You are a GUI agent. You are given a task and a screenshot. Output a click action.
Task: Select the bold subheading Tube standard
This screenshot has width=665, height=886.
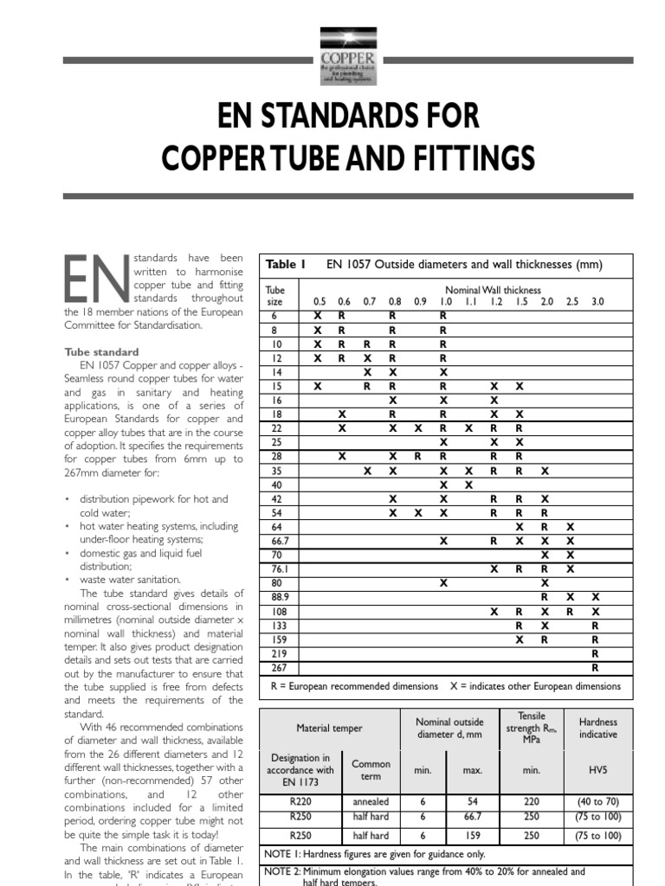click(101, 352)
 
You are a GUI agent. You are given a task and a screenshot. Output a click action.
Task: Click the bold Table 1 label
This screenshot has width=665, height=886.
click(286, 265)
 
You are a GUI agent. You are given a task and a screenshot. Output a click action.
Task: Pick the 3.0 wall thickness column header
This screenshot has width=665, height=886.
click(597, 301)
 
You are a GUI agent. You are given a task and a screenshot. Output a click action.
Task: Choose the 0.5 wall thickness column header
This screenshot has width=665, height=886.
click(319, 301)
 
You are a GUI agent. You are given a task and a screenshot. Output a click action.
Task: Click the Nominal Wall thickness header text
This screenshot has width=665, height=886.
click(493, 290)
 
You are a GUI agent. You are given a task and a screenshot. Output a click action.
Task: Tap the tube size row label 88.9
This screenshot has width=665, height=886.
click(277, 597)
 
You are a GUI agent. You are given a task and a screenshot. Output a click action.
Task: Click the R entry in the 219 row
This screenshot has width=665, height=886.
click(595, 653)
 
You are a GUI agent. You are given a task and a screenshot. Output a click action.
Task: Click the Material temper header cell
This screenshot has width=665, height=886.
click(329, 729)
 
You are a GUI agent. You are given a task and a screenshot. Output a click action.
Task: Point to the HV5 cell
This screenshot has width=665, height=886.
click(597, 768)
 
